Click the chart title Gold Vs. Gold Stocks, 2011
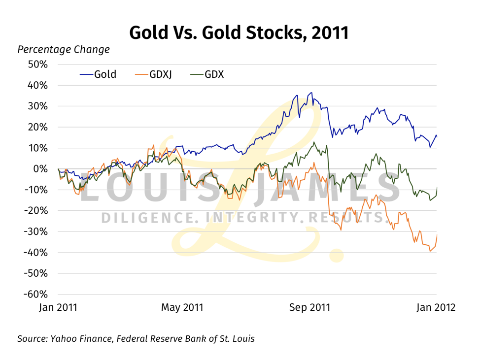[x=239, y=33]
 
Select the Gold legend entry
[x=99, y=75]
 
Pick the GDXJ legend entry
[x=153, y=75]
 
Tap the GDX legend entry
[x=207, y=75]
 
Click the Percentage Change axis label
[x=64, y=50]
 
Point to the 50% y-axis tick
[x=37, y=65]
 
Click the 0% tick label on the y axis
[x=41, y=169]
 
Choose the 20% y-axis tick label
[x=37, y=127]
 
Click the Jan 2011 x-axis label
[x=58, y=307]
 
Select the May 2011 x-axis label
[x=182, y=307]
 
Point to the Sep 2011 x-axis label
[x=309, y=307]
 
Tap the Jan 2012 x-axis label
[x=436, y=307]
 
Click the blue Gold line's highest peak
[x=310, y=93]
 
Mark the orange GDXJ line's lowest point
[x=430, y=251]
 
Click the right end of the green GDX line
[x=437, y=188]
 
